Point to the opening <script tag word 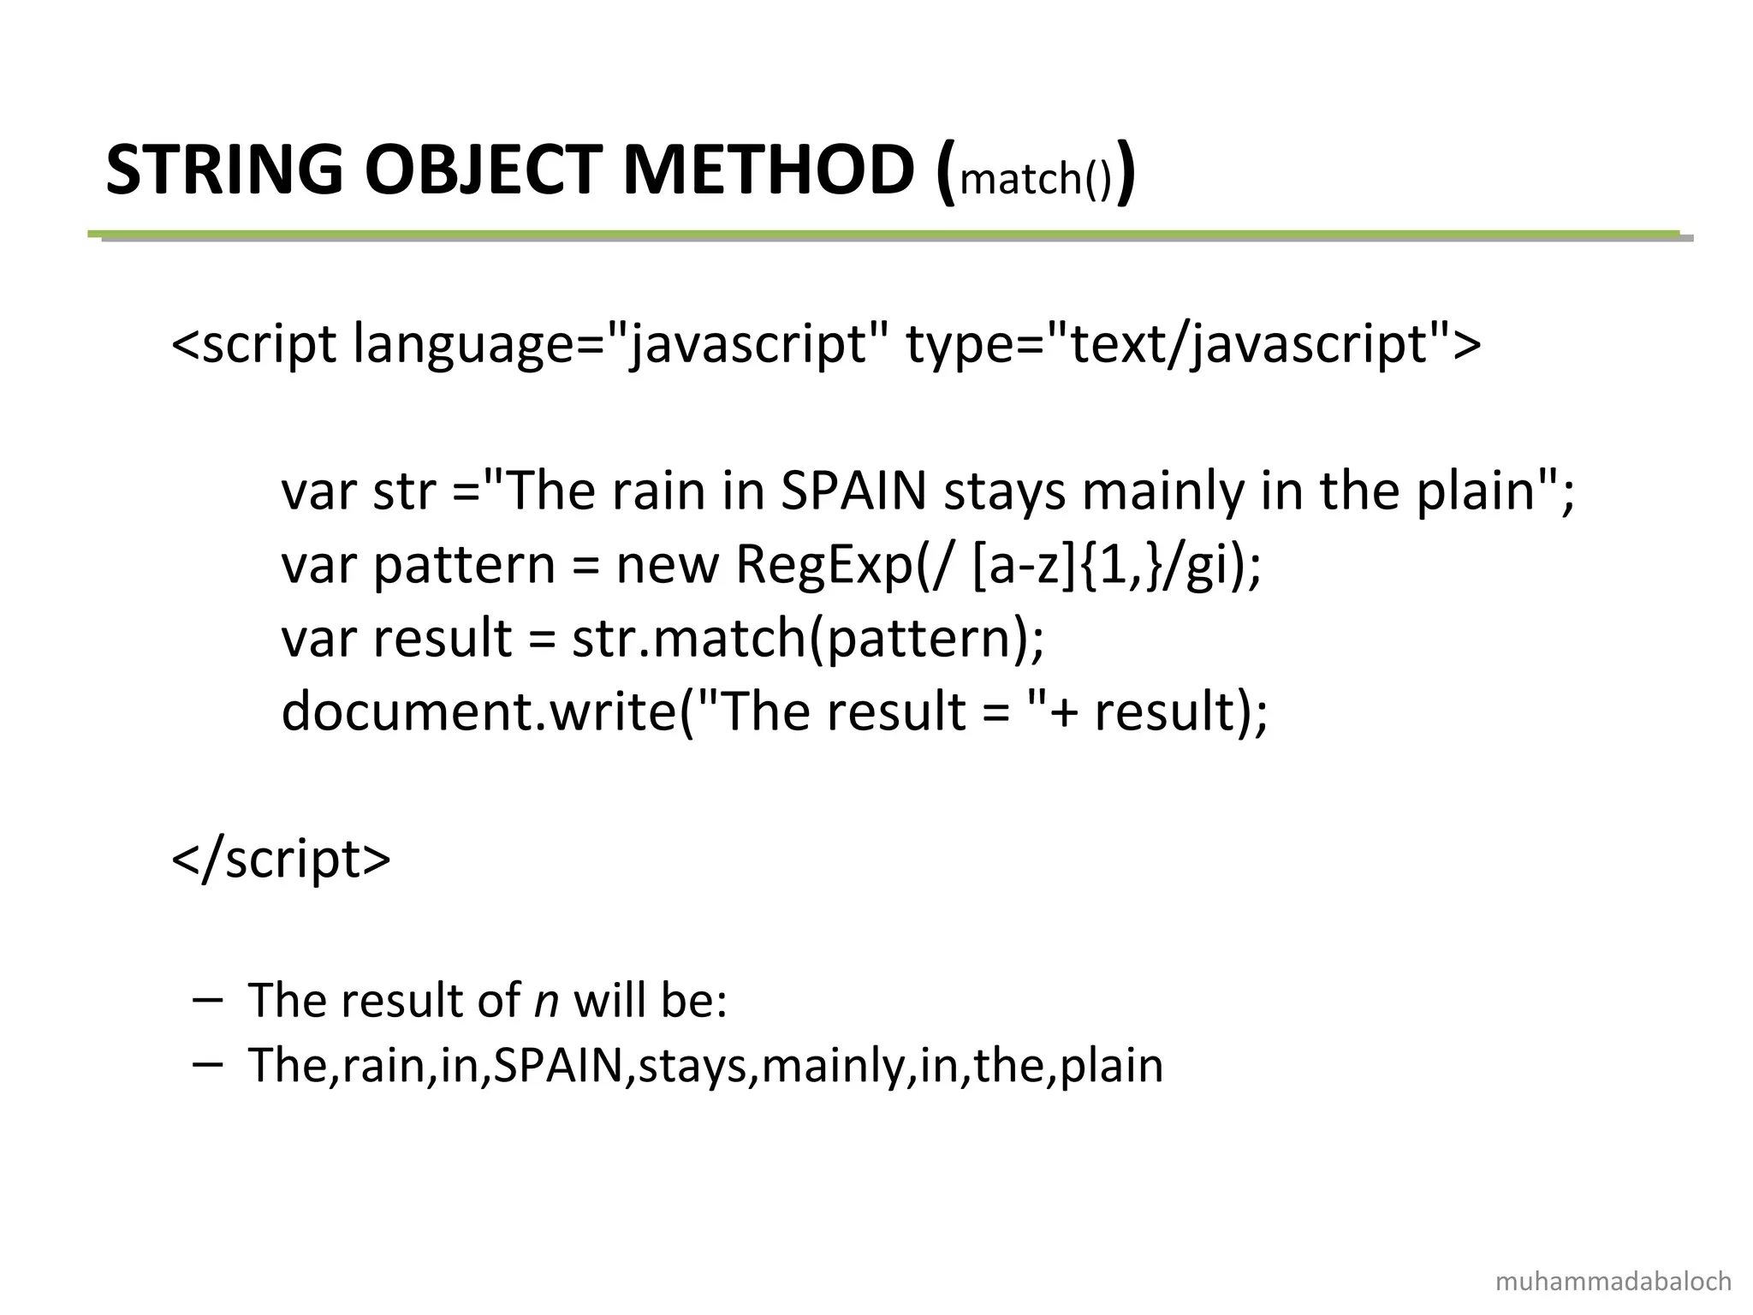pos(254,344)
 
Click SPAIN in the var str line pos(853,491)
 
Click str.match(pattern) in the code pos(807,640)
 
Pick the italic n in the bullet pos(546,1000)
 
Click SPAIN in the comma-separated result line pos(559,1066)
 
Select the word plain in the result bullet pos(1111,1067)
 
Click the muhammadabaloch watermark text pos(1613,1282)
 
